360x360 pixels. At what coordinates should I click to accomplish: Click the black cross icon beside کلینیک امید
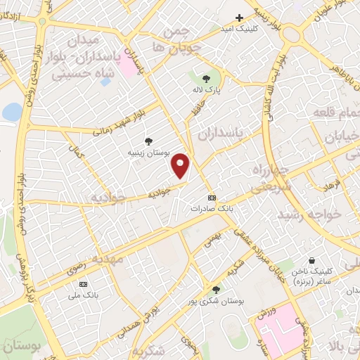[x=239, y=18]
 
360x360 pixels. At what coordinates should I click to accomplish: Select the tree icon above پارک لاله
[x=206, y=79]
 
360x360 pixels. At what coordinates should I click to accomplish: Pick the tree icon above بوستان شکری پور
[x=216, y=289]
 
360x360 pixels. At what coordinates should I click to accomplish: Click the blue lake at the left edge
[x=11, y=112]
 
